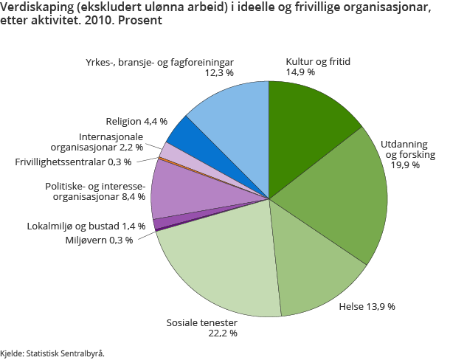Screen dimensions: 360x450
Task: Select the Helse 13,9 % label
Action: [367, 306]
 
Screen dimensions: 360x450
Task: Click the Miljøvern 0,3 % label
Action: [99, 240]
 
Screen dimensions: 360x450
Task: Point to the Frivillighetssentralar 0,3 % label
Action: [73, 162]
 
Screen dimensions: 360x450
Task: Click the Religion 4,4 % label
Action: [136, 120]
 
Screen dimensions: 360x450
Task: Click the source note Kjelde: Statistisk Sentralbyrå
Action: [52, 353]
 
